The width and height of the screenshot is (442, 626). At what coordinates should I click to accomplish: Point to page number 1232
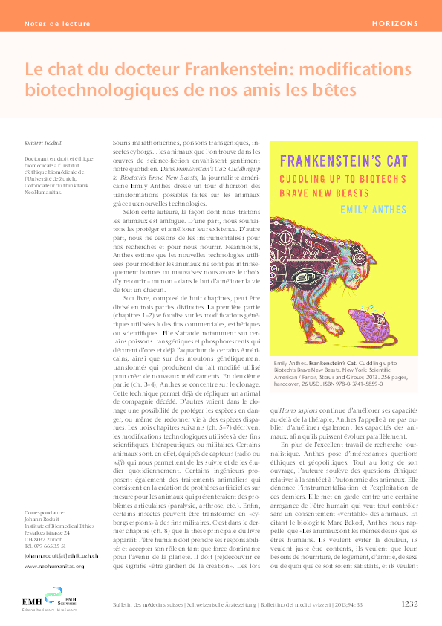[413, 604]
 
